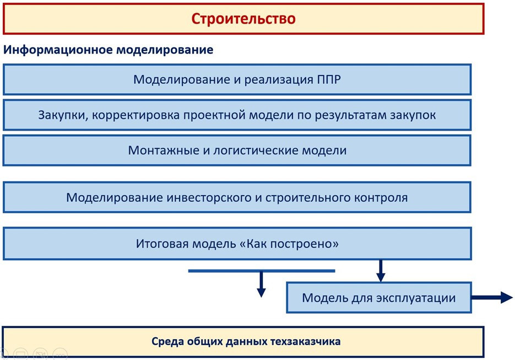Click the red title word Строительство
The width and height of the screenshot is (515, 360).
pos(243,19)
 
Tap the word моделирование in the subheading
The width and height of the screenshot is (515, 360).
pos(165,50)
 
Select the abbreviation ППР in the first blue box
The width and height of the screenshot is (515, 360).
pos(329,79)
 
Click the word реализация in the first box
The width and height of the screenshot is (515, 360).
pos(279,80)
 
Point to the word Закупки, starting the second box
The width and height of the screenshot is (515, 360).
pos(63,115)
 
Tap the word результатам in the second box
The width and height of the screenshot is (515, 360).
pos(351,115)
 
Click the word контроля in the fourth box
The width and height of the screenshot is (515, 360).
pos(381,198)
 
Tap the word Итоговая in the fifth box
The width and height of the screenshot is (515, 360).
pos(162,244)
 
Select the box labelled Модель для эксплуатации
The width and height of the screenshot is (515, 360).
pos(379,298)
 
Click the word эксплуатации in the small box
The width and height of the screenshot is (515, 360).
pos(416,298)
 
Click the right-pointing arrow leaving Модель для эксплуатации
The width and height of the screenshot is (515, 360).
pos(492,298)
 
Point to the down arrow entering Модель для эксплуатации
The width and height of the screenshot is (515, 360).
pos(381,271)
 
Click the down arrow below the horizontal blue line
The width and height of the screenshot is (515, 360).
pos(262,284)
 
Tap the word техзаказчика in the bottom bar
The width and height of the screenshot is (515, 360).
pos(305,342)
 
